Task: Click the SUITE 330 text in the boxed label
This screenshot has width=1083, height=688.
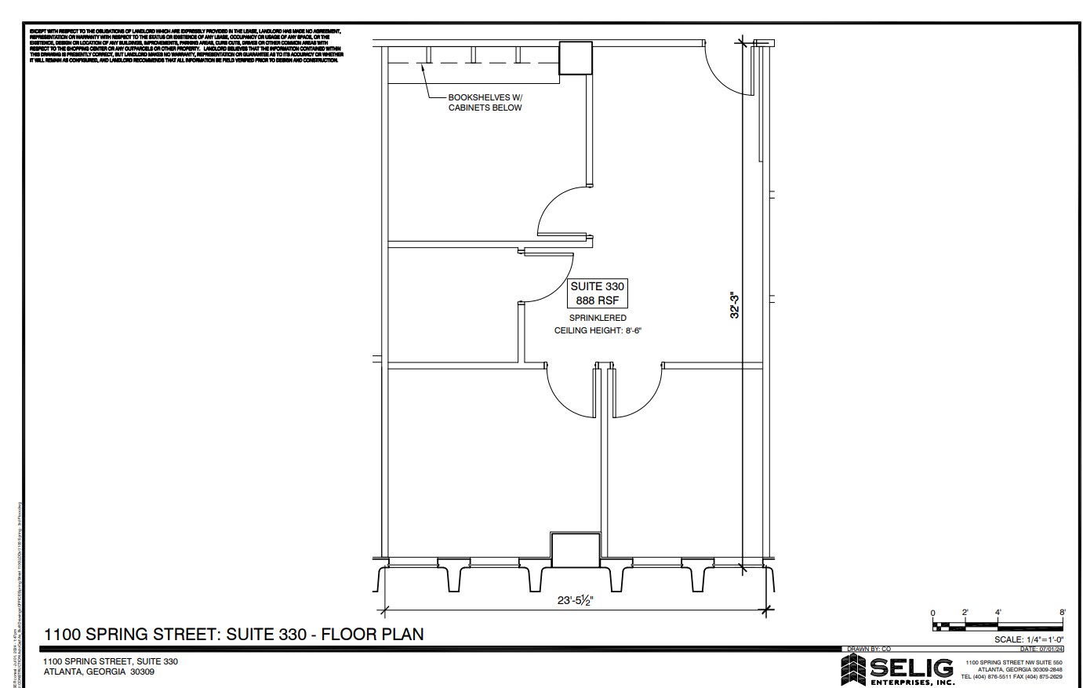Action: click(x=597, y=286)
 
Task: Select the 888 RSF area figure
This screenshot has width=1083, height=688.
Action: click(x=597, y=300)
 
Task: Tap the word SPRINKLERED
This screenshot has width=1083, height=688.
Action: click(x=598, y=318)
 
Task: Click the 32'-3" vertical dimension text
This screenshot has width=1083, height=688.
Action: click(x=735, y=305)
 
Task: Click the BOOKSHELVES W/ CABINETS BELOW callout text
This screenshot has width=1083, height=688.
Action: click(x=484, y=102)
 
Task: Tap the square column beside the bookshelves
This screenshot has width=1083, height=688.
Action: click(x=575, y=59)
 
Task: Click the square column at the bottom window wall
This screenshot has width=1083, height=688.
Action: click(x=576, y=548)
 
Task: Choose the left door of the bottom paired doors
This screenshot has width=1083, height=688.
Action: click(x=571, y=390)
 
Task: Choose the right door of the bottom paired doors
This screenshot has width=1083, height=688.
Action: click(x=637, y=390)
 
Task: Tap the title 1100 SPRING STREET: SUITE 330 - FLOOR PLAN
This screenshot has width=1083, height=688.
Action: click(x=234, y=634)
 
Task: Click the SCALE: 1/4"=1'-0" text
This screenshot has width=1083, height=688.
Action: click(x=1028, y=639)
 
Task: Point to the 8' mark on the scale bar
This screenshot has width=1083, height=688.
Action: click(x=1062, y=612)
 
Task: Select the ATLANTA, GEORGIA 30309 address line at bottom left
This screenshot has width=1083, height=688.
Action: click(x=99, y=672)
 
